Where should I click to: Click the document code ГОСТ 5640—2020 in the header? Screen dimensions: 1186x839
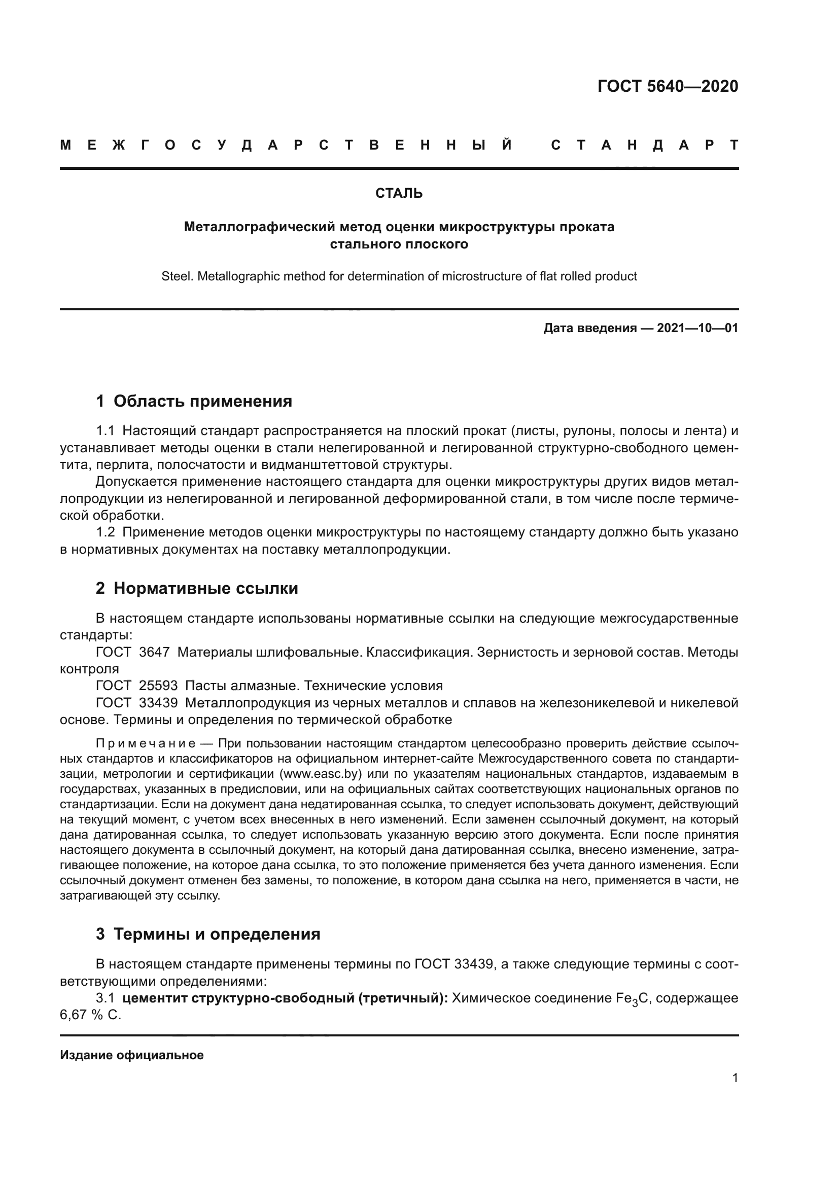click(668, 86)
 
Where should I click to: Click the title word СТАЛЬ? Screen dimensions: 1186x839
click(399, 193)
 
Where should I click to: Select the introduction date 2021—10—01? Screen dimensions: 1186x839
click(697, 328)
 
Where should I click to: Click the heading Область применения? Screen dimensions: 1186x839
click(202, 402)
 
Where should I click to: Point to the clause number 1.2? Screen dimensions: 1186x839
click(106, 532)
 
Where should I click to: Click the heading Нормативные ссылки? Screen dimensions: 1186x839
click(205, 588)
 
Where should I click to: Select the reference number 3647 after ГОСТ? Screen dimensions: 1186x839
click(154, 653)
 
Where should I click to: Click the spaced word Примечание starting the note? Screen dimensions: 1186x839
click(146, 743)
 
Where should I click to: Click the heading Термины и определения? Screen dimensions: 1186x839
click(217, 935)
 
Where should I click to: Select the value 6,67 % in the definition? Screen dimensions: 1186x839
click(82, 1016)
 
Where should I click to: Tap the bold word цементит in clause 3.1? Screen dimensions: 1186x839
click(155, 998)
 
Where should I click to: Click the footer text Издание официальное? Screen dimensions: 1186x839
click(132, 1055)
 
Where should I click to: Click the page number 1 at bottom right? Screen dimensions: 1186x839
click(735, 1078)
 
